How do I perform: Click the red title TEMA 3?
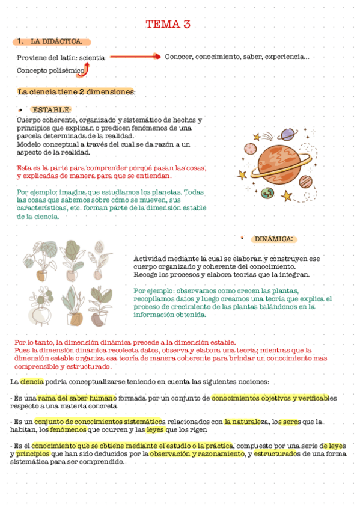coord(168,24)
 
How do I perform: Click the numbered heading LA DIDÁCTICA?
coord(55,41)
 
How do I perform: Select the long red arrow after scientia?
coord(135,57)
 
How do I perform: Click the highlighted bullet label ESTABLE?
coord(51,110)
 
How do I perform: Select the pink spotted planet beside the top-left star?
coord(251,149)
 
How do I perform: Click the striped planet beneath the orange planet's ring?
coord(305,181)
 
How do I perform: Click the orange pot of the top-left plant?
coord(42,276)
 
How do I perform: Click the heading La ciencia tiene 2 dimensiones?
coord(76,92)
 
